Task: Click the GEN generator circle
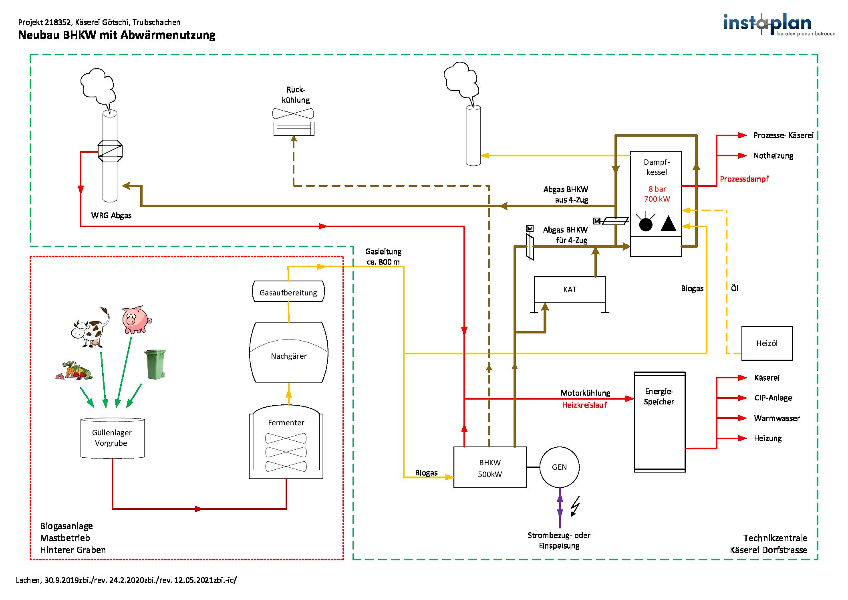coord(559,467)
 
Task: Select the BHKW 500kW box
coord(489,468)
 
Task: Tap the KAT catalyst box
coord(570,289)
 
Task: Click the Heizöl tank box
coord(767,343)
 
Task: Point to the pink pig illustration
coord(136,320)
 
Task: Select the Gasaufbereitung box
coord(288,292)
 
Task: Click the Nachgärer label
coord(288,356)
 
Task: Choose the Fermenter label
coord(286,422)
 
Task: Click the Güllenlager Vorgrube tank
coord(112,438)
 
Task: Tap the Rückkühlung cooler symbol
coord(294,123)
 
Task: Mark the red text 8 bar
coord(657,189)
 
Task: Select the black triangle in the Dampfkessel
coord(668,224)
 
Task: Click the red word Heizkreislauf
coord(584,405)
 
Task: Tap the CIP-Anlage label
coord(773,398)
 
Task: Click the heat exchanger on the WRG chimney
coord(110,151)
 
